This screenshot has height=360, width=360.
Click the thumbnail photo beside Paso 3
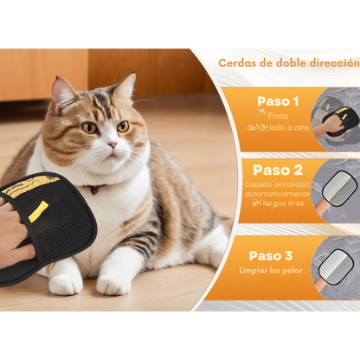point(337,264)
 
